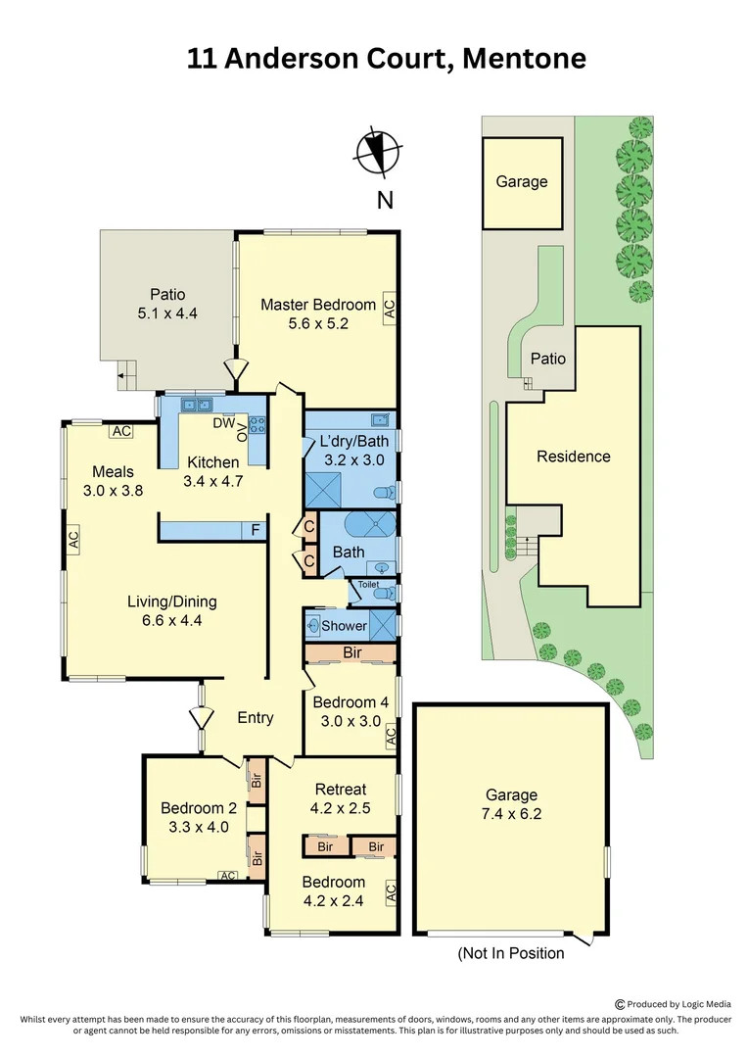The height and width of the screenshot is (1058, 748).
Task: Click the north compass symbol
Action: (x=378, y=153)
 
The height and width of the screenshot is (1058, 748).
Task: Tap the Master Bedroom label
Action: (x=318, y=305)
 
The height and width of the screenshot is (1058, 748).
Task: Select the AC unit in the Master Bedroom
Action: (x=390, y=309)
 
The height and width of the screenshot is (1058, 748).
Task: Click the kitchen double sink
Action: (x=196, y=405)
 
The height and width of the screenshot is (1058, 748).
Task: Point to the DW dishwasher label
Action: (x=224, y=423)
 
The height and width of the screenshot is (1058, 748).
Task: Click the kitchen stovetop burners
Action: (x=257, y=424)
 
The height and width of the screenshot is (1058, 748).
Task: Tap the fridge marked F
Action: (x=255, y=530)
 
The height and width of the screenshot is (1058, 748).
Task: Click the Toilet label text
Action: (x=368, y=584)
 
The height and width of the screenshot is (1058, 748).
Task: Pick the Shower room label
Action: (x=344, y=625)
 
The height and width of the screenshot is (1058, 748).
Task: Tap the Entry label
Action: (x=256, y=718)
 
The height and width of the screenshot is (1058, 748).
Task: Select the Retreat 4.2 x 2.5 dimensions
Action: (x=341, y=808)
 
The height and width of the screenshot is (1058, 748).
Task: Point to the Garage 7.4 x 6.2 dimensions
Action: (x=511, y=814)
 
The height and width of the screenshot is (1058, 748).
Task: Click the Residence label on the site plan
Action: (x=574, y=457)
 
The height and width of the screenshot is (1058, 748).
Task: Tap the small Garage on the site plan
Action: (x=522, y=183)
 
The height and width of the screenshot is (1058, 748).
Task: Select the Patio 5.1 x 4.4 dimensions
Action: (x=167, y=313)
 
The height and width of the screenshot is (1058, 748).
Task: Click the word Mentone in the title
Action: (x=524, y=59)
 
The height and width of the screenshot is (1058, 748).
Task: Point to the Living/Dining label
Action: (x=172, y=601)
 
